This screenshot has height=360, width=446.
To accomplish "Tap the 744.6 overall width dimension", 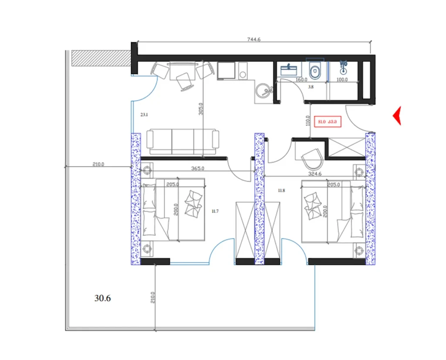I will coord(253,40).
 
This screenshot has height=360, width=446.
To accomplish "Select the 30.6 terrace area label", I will coord(103,299).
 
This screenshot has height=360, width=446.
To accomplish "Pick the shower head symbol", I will coord(344,67).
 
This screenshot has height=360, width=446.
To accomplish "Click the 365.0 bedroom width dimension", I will coord(198,168).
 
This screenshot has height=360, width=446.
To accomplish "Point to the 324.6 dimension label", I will coord(318,174).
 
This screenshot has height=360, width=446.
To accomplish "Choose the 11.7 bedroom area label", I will coord(214,211).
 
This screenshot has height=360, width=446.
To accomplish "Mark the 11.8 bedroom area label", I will coord(282,190).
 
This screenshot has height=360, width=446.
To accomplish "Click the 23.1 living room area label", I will coord(145,115).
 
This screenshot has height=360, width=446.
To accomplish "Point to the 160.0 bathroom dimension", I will coord(301,80).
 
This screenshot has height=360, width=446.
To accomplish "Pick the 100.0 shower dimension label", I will coord(342,80).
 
